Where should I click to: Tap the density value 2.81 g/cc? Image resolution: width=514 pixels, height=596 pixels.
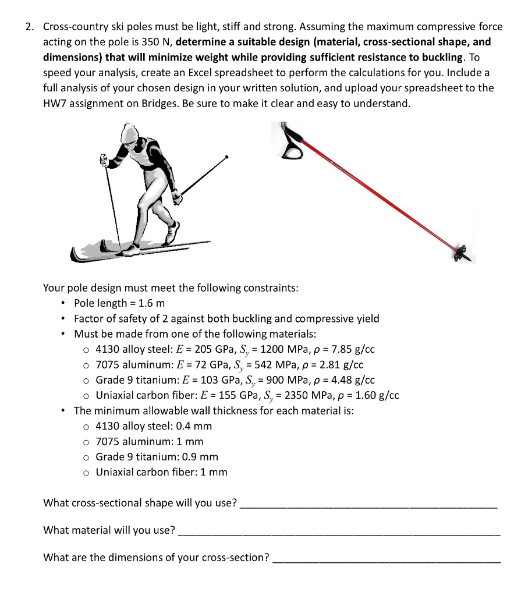[351, 365]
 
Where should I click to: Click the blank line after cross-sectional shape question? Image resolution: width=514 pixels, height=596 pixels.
[368, 505]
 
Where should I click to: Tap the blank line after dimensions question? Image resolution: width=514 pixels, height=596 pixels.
[387, 559]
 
